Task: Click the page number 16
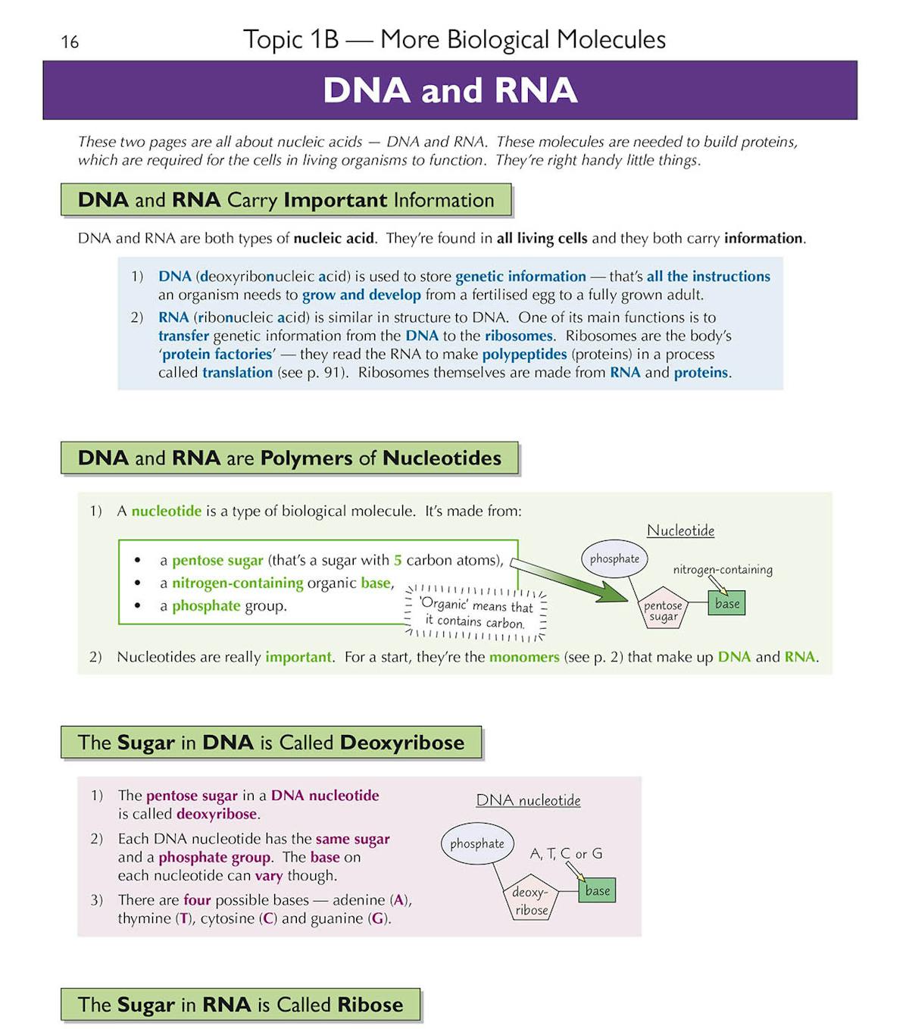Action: tap(70, 42)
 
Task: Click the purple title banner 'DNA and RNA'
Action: tap(450, 90)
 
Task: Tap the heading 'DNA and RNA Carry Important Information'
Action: tap(286, 200)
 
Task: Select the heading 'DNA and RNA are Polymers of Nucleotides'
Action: tap(289, 458)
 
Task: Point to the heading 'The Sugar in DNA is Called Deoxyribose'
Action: tap(271, 743)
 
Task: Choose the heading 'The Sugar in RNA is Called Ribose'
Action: tap(240, 1005)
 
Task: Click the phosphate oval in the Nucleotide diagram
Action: tap(614, 559)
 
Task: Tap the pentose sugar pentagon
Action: tap(663, 609)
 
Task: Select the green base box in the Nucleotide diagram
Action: tap(727, 604)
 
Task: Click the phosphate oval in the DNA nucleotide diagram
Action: tap(476, 843)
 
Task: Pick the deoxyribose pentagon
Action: tap(531, 901)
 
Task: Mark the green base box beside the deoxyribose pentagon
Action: tap(597, 891)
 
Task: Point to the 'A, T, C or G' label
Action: tap(566, 854)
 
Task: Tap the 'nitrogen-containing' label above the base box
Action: tap(723, 570)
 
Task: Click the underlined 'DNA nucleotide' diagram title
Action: tap(528, 800)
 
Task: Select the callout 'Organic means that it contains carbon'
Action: tap(475, 614)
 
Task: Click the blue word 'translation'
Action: tap(237, 373)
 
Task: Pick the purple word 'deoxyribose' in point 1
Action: tap(217, 815)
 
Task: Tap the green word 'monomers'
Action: tap(524, 657)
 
